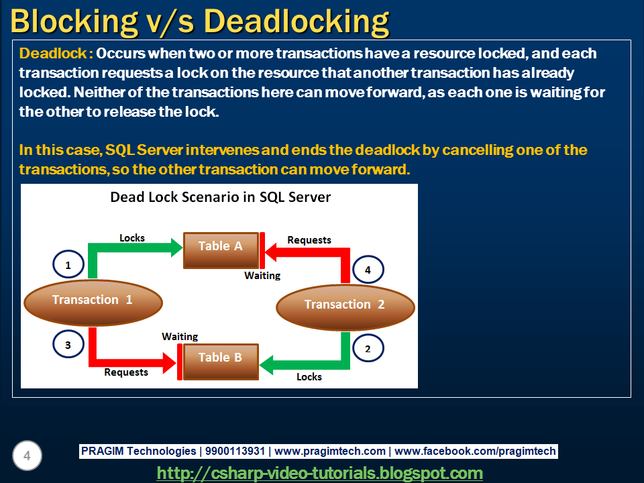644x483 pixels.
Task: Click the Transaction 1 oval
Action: [93, 300]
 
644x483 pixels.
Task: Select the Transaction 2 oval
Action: [345, 305]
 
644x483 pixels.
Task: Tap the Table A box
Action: [221, 246]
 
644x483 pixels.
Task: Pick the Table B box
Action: [220, 358]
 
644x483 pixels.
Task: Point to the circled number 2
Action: [368, 349]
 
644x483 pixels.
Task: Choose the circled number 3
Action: [68, 345]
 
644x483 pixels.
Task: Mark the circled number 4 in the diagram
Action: [368, 270]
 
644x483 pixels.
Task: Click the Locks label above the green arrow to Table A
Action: [132, 237]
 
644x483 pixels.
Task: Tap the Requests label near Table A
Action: [309, 239]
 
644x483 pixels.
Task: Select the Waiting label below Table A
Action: [262, 275]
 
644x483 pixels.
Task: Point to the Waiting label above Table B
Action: [180, 336]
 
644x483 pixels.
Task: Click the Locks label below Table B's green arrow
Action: [309, 376]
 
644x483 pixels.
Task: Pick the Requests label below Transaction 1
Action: [126, 372]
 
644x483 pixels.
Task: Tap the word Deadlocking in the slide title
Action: [297, 21]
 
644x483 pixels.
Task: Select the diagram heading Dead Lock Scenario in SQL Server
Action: [220, 197]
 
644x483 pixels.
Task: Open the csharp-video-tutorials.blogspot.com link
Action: [320, 473]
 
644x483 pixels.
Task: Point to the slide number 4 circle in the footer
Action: [28, 457]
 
